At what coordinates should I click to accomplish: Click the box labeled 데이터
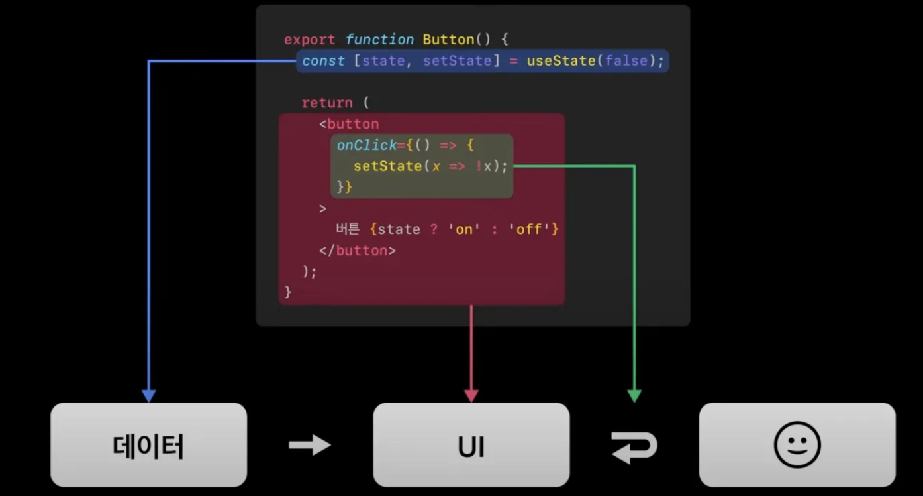(148, 445)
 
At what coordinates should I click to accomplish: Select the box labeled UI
(471, 445)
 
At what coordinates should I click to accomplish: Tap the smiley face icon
(797, 445)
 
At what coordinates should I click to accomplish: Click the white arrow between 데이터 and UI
(309, 445)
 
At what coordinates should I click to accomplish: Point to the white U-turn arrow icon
(634, 446)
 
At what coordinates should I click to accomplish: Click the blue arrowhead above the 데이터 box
(148, 396)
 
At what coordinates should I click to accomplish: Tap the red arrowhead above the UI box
(471, 396)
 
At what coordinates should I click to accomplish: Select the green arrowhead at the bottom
(634, 396)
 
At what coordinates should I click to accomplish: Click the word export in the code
(309, 40)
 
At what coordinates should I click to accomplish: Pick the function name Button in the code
(448, 40)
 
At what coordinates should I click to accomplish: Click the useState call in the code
(561, 61)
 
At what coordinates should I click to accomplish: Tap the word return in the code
(326, 103)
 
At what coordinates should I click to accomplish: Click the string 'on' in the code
(464, 229)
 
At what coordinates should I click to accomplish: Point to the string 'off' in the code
(529, 229)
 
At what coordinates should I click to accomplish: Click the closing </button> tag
(358, 251)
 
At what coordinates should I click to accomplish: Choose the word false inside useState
(626, 61)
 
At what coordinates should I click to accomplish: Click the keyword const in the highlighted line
(323, 61)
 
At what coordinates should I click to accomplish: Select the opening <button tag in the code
(349, 124)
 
